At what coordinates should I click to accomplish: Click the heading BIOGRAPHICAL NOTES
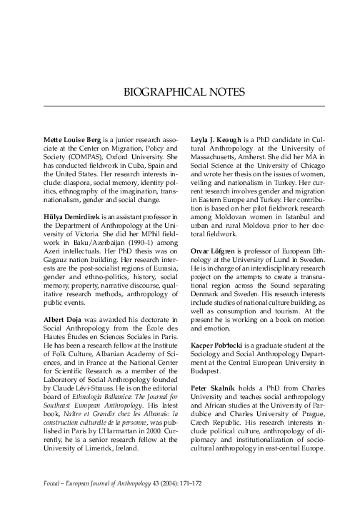(184, 93)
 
